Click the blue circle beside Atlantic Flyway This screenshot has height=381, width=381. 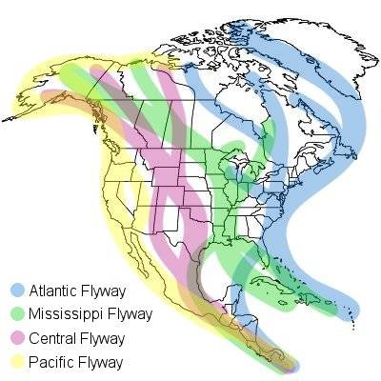point(15,289)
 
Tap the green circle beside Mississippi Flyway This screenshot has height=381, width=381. point(15,313)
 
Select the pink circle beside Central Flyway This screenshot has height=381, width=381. point(15,338)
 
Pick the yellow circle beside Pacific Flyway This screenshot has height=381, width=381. point(15,362)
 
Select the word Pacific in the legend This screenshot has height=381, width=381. point(50,362)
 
